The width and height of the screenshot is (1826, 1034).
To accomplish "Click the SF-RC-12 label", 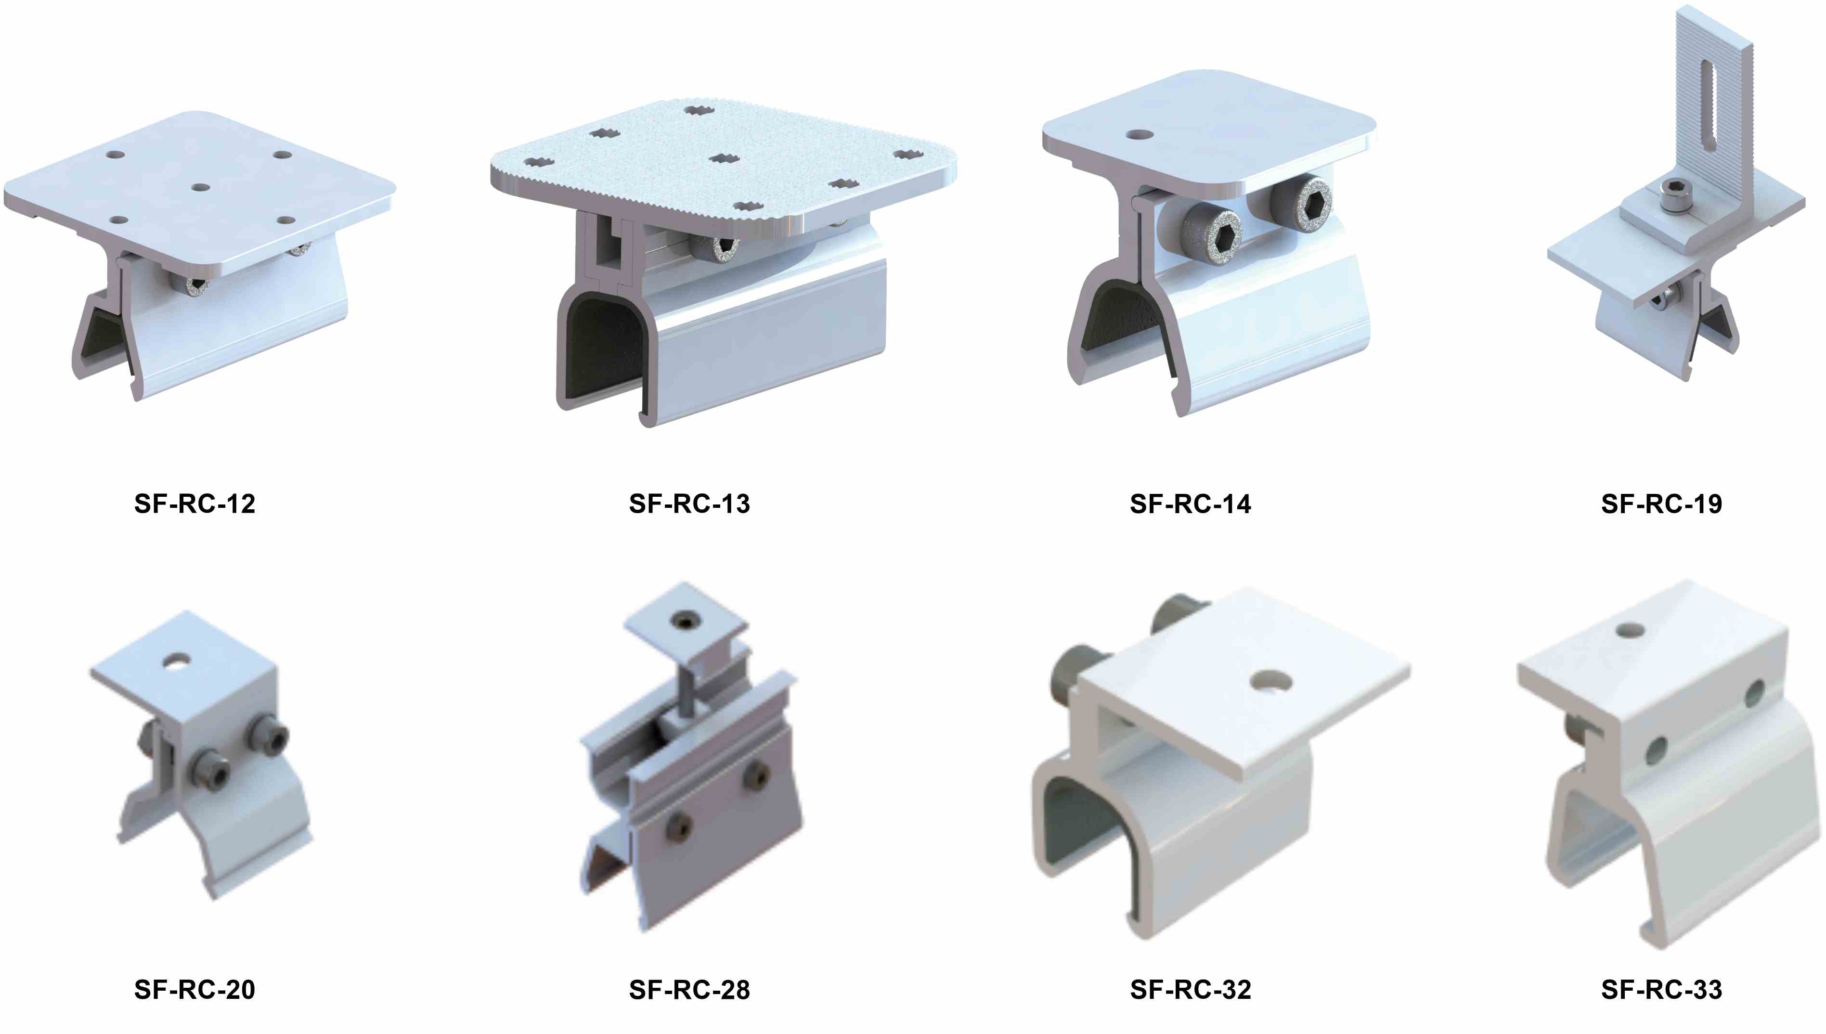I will coord(194,504).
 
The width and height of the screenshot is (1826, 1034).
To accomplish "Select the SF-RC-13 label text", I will coord(689,504).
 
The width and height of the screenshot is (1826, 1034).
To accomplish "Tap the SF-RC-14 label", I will coord(1191,504).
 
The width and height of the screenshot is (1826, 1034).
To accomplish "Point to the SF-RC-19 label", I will coord(1661,504).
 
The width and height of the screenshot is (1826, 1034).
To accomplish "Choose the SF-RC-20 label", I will coord(194,989).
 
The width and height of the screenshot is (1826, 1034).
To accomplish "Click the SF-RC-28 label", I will coord(689,989).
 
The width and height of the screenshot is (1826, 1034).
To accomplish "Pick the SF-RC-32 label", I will coord(1191,989).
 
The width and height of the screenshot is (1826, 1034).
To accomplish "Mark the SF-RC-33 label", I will coord(1661,989).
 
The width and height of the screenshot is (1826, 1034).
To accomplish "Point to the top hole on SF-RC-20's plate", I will coord(174,662).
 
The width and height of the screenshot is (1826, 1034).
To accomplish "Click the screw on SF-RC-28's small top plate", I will coord(685,620).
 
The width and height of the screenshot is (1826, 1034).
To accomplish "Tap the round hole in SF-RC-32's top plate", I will coord(1270,680).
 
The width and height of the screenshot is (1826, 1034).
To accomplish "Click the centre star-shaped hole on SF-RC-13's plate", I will coord(725,158).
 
